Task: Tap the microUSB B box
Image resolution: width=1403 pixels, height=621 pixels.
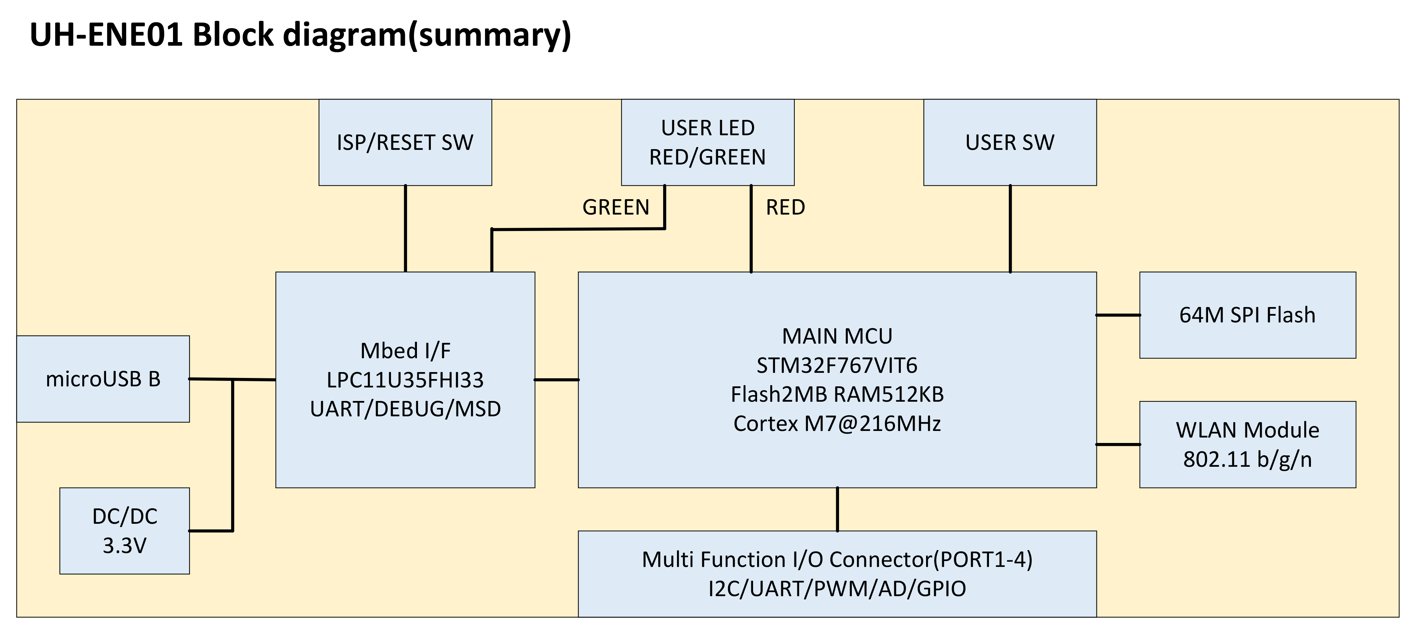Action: point(103,379)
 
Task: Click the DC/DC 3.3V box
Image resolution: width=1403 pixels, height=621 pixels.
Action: point(124,531)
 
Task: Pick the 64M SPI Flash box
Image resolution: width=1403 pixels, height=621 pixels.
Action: point(1247,315)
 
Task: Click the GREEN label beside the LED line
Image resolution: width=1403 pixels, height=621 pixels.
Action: point(616,207)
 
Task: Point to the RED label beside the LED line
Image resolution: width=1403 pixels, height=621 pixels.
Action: point(785,207)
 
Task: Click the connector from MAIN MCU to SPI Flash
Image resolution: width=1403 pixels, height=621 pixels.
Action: point(1118,315)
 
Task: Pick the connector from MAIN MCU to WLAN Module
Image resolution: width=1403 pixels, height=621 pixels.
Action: point(1118,444)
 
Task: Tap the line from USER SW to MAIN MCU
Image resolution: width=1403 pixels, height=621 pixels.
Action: point(1010,228)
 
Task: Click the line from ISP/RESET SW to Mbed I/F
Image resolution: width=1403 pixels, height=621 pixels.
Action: point(405,228)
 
